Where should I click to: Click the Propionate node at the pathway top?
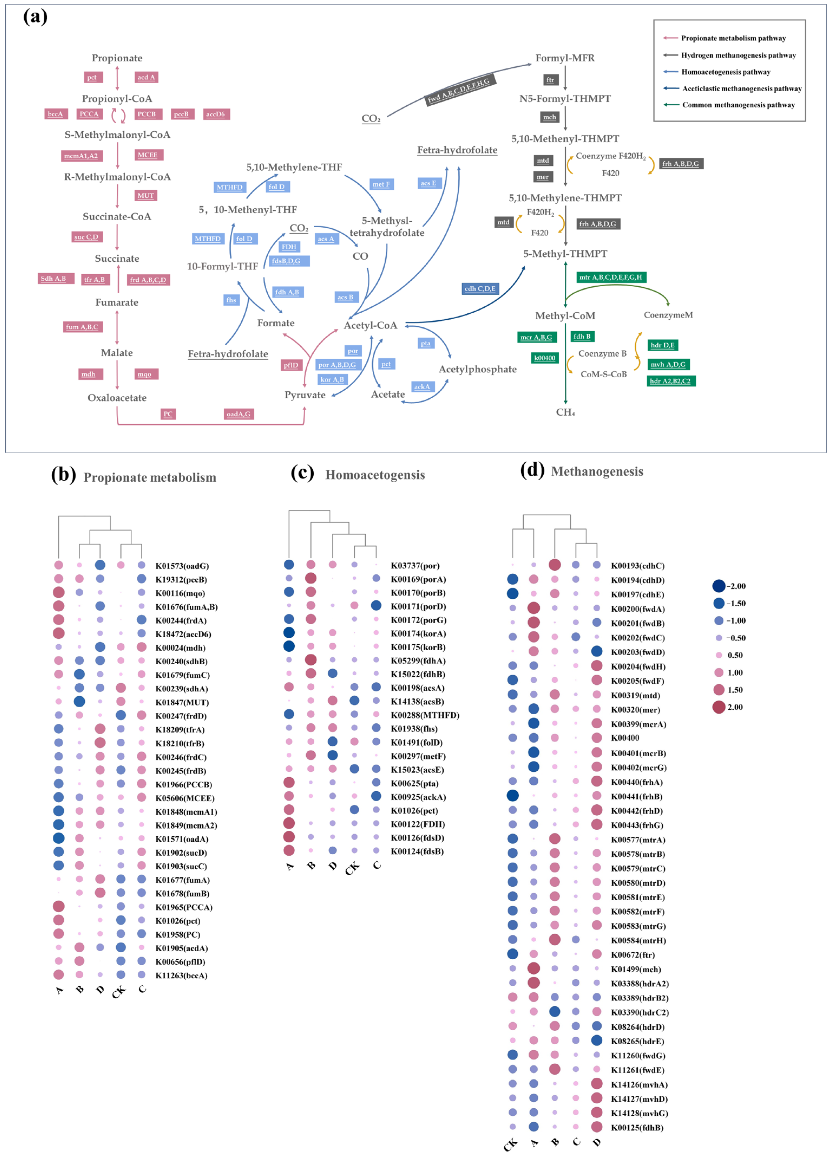(117, 58)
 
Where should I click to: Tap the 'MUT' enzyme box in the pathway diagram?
(145, 195)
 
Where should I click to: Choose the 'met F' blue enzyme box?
(381, 184)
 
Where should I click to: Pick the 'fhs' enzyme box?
(231, 300)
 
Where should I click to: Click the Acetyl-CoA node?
(370, 326)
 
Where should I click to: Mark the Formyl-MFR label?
(564, 58)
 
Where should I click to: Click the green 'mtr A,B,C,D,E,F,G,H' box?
(611, 277)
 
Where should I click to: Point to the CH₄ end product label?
(565, 412)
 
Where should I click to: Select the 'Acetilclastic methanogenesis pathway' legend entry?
(741, 89)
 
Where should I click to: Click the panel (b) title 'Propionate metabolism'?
(150, 477)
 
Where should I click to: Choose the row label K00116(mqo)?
(180, 593)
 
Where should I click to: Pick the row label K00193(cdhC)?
(637, 566)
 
